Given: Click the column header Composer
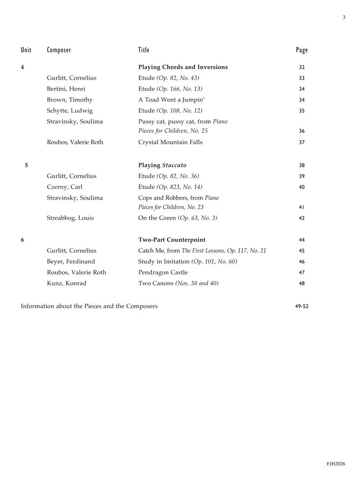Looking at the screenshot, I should tap(59, 50).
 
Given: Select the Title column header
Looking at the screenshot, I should tap(144, 50).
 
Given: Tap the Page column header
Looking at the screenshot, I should tap(302, 50).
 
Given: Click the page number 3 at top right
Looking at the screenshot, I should tap(344, 18).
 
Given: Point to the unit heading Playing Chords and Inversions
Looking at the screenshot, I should tap(183, 67).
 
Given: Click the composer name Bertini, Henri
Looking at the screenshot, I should tap(66, 89).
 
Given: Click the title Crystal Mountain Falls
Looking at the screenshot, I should tap(170, 142).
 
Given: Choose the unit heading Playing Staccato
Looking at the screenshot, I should tap(162, 165).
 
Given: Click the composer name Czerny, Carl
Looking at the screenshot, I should tap(64, 187).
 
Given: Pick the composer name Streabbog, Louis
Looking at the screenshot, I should tap(70, 218).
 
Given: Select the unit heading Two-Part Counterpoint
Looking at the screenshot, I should tap(171, 240).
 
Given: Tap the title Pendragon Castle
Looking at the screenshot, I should tap(163, 272).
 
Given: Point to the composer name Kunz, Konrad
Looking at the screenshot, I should tap(66, 283).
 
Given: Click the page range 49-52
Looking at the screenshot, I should tap(301, 307).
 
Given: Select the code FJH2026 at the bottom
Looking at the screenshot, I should tap(336, 464).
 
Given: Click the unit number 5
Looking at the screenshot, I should tap(26, 165).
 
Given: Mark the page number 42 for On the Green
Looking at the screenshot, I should tap(301, 219).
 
